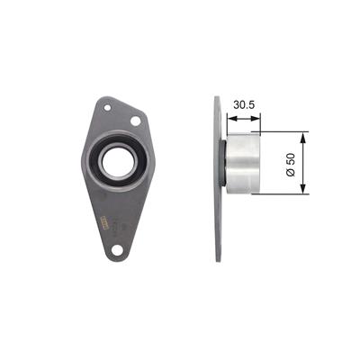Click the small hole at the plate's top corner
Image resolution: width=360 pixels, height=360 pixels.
107,107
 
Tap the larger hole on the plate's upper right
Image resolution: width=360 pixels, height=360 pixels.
136,121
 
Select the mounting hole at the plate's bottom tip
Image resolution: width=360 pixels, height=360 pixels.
117,249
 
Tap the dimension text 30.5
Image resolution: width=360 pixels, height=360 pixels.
244,105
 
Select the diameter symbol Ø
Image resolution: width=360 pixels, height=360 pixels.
291,173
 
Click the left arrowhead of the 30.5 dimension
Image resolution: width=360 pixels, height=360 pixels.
231,119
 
